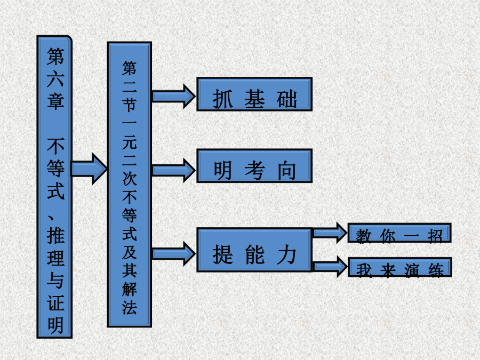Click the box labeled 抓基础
254,94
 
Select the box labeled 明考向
254,166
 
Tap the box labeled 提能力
254,250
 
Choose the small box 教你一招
399,233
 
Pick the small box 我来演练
399,267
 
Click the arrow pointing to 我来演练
330,267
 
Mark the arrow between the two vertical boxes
89,168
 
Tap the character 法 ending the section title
130,308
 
